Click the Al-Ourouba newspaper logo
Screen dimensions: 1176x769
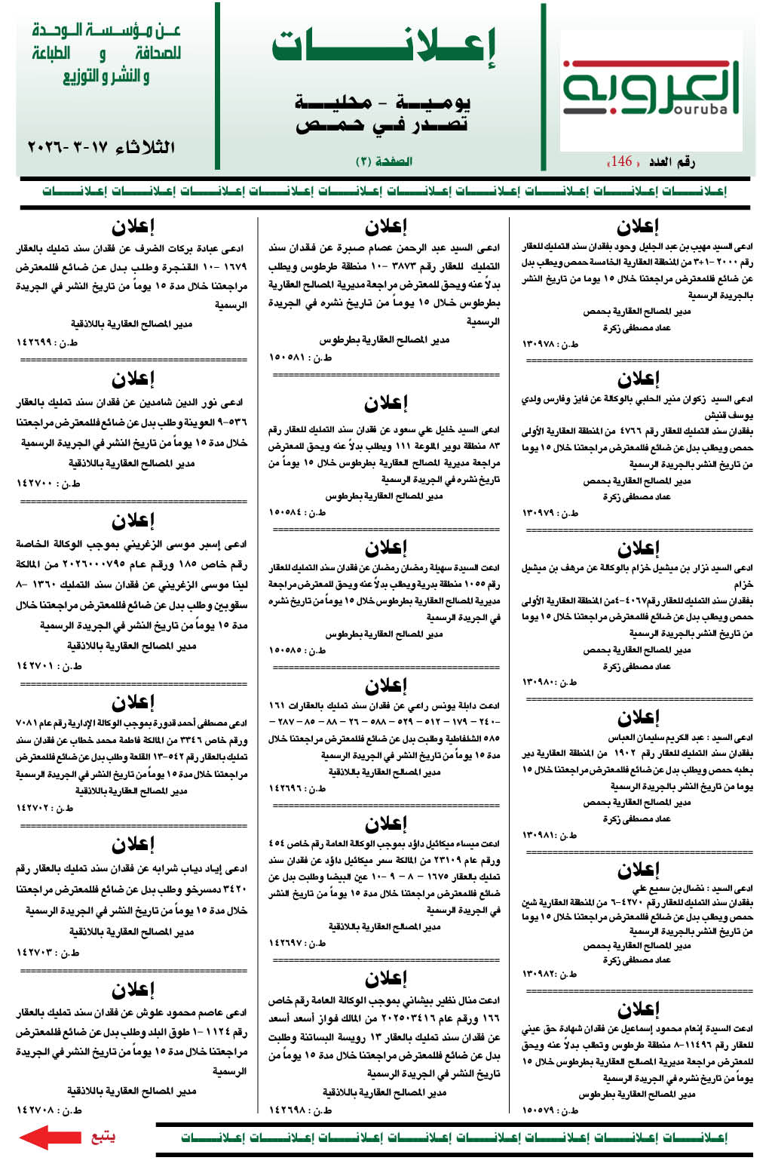(x=651, y=87)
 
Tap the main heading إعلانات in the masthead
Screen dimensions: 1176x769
(x=384, y=47)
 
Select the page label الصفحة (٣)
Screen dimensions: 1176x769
(x=384, y=161)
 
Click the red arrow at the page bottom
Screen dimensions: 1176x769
(x=49, y=1137)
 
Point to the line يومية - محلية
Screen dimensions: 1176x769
(x=382, y=102)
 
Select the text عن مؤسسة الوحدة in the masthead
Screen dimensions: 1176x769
(x=106, y=31)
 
